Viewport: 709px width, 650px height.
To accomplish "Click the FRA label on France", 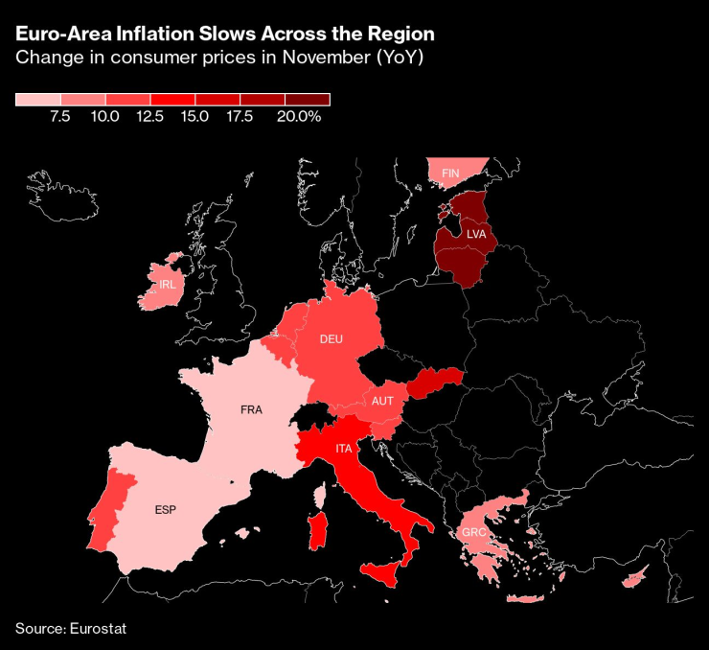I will point(251,409).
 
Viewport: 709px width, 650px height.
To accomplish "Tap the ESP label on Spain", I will point(165,509).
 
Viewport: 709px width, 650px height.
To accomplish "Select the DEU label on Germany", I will point(331,339).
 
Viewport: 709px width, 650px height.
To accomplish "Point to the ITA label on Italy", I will point(343,449).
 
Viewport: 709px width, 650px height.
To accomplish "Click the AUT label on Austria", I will point(382,401).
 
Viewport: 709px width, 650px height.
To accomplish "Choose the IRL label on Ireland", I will point(167,285).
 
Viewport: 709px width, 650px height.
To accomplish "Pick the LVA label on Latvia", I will point(476,234).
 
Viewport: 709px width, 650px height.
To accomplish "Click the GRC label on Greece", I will point(472,533).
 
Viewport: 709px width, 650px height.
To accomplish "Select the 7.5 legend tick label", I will point(59,116).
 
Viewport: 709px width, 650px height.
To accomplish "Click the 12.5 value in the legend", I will point(149,116).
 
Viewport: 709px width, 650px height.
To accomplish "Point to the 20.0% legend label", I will point(298,116).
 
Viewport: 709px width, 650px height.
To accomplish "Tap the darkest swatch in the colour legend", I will point(308,99).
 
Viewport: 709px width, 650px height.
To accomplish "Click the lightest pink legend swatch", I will point(38,99).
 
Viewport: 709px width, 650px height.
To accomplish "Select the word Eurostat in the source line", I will point(98,629).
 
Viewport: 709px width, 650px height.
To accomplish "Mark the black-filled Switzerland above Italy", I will point(312,414).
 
